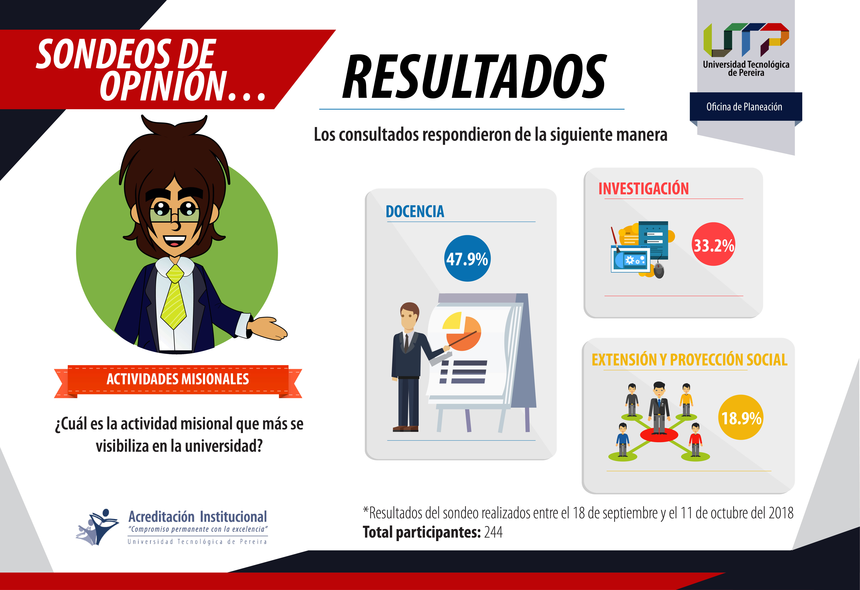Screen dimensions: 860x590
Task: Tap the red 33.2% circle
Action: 714,244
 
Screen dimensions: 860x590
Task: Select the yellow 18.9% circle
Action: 741,417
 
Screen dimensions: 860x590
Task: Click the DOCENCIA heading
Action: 415,211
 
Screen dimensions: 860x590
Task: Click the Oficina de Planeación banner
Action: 746,107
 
